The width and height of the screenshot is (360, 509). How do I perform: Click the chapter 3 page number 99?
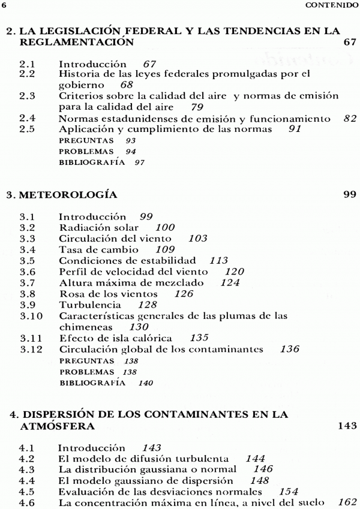coord(351,194)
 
